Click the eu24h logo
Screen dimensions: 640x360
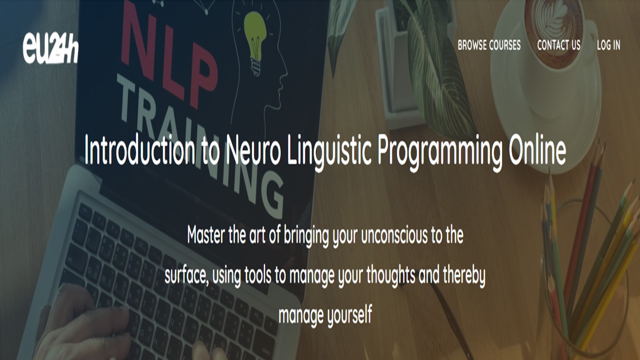pos(50,48)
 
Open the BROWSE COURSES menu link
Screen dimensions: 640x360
pos(489,45)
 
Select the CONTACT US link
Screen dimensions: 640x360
pos(559,45)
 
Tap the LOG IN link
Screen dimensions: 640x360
pos(608,45)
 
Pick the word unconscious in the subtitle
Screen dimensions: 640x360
pos(392,235)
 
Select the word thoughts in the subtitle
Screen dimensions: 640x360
pos(390,274)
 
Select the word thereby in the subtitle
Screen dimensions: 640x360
pos(464,275)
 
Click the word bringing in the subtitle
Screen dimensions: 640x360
pos(306,236)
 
